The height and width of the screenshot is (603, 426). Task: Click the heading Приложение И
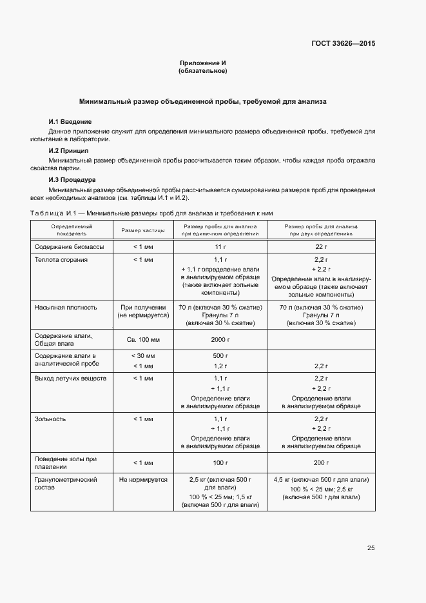pyautogui.click(x=202, y=63)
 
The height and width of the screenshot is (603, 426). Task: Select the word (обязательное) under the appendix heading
pyautogui.click(x=202, y=71)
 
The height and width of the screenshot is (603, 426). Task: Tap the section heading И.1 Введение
pyautogui.click(x=70, y=122)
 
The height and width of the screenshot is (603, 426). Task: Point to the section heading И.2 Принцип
pyautogui.click(x=69, y=150)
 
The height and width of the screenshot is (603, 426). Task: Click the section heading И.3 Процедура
pyautogui.click(x=72, y=179)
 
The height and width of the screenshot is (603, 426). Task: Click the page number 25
pyautogui.click(x=371, y=548)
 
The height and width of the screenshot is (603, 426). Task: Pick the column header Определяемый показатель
pyautogui.click(x=72, y=230)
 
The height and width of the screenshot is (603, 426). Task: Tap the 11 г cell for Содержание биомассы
pyautogui.click(x=220, y=247)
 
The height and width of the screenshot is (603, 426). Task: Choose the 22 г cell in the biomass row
pyautogui.click(x=322, y=247)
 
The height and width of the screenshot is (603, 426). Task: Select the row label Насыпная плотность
pyautogui.click(x=65, y=308)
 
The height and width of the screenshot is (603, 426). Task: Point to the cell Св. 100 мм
pyautogui.click(x=143, y=339)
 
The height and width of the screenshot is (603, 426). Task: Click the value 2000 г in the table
pyautogui.click(x=220, y=339)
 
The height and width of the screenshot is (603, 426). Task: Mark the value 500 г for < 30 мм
pyautogui.click(x=220, y=356)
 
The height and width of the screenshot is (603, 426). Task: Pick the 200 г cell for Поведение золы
pyautogui.click(x=322, y=463)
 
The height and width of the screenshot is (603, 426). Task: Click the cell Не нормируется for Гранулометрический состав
pyautogui.click(x=143, y=480)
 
